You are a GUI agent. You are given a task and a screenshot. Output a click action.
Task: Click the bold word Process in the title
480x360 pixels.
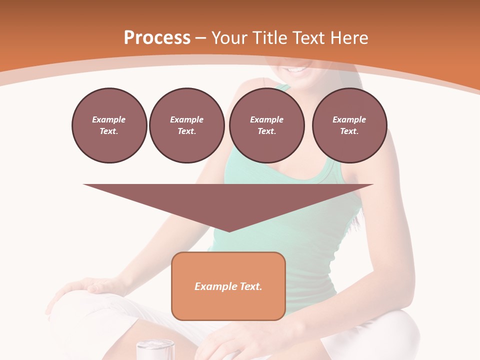[157, 38]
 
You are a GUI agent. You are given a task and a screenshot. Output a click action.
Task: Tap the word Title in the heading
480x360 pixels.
[267, 38]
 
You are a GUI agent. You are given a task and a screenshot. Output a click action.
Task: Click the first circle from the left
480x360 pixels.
[109, 125]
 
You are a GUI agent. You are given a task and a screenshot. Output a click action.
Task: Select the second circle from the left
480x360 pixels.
[186, 125]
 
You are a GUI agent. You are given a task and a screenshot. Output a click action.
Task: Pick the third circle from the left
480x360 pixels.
[266, 125]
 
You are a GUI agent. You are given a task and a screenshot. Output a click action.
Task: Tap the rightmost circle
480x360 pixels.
[349, 125]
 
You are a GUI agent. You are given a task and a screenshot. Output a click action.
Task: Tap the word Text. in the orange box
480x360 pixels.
[251, 286]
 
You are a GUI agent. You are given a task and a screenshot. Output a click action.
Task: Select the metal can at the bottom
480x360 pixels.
[155, 349]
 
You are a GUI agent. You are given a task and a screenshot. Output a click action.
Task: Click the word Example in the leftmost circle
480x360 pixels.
[109, 119]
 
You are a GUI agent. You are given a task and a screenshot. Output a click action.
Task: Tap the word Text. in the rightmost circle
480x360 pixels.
[349, 131]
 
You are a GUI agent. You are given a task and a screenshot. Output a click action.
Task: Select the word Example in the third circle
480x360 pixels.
[266, 119]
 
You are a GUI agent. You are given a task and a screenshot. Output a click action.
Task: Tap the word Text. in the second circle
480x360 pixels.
[186, 131]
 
